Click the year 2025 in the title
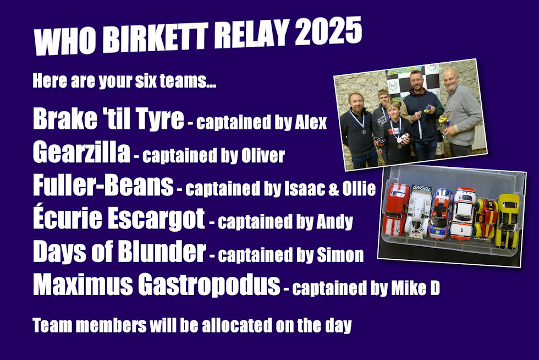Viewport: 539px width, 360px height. [329, 31]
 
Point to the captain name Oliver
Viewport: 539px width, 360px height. [263, 156]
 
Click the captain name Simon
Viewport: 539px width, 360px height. [340, 255]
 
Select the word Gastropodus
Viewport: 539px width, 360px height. [209, 286]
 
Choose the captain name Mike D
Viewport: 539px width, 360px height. [416, 288]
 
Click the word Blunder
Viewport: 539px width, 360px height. [162, 251]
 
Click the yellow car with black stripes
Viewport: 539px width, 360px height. [507, 221]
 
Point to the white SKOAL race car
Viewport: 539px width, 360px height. [419, 211]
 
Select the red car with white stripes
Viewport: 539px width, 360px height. [396, 209]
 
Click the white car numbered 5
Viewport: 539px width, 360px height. [463, 214]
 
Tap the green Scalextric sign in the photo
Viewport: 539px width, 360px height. [404, 70]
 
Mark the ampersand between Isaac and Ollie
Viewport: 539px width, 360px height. [333, 189]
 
